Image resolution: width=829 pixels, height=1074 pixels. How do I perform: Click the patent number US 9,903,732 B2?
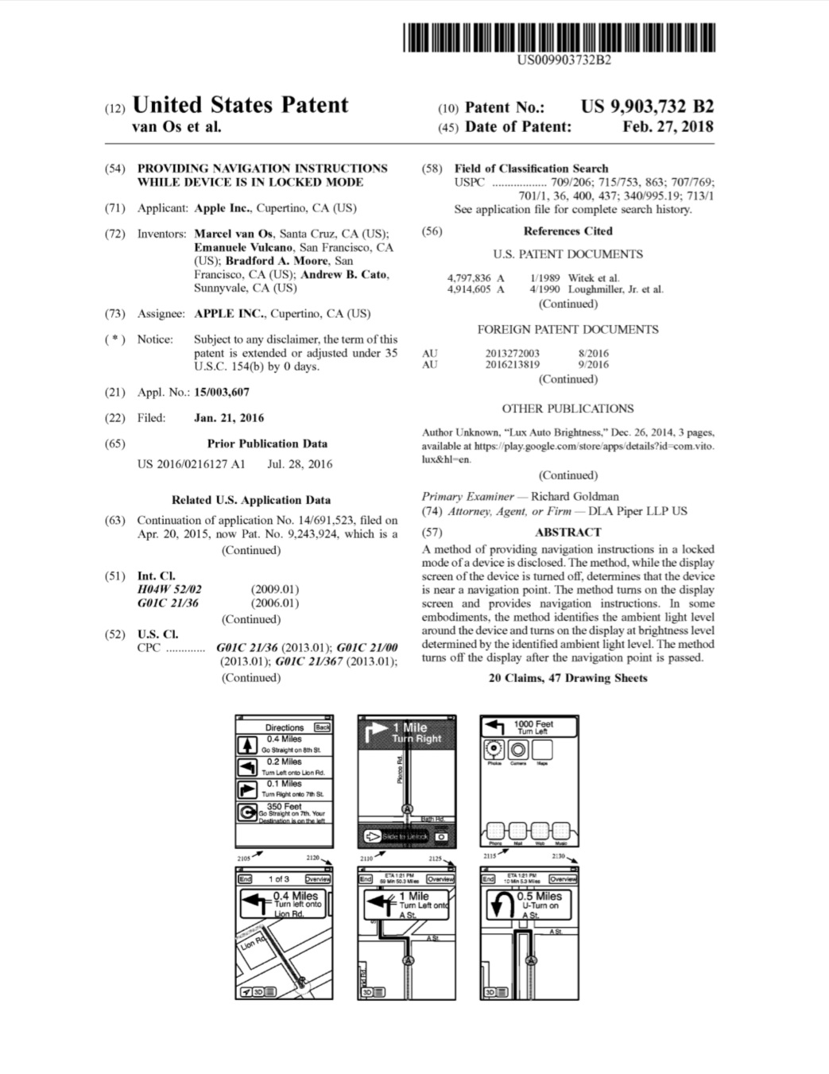coord(647,107)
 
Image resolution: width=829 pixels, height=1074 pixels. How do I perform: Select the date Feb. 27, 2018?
coord(668,126)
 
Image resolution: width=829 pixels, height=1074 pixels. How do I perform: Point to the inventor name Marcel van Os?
coord(233,234)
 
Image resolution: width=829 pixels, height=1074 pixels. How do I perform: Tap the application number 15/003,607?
coord(222,392)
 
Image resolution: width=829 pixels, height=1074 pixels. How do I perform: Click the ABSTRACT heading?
coord(568,532)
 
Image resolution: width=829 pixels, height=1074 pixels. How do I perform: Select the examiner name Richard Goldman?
coord(575,496)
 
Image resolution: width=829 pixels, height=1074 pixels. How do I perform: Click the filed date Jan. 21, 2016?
coord(229,417)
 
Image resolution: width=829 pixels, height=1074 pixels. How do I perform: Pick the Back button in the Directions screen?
coord(322,727)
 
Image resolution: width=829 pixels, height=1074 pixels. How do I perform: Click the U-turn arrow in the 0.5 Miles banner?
coord(502,904)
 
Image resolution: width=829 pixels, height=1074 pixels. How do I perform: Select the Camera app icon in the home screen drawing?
coord(518,750)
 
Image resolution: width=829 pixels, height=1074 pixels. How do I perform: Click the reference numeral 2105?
coord(244,859)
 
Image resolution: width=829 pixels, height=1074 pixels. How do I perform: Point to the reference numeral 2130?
coord(559,857)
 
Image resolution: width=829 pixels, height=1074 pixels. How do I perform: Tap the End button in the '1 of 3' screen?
coord(246,879)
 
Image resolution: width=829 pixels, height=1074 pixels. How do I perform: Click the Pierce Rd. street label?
coord(400,770)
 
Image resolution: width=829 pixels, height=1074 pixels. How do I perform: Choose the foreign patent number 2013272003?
coord(513,353)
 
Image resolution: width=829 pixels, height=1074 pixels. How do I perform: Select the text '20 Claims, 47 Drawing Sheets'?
coord(568,678)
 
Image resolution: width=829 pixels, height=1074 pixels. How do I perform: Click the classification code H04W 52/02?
coord(169,589)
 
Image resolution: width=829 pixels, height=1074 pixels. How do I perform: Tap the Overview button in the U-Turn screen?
coord(563,879)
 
